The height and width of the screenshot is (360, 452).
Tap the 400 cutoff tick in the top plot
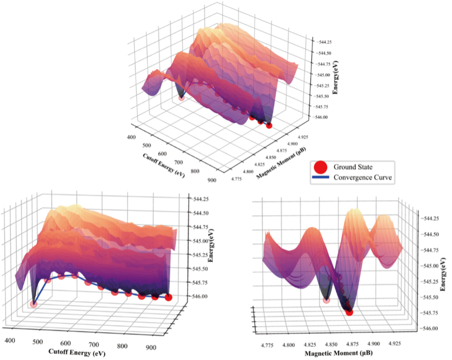coord(131,138)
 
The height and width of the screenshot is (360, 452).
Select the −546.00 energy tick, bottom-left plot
coord(200,296)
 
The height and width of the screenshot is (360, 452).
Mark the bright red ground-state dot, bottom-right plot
coord(349,311)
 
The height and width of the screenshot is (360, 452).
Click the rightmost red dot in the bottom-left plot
coord(168,298)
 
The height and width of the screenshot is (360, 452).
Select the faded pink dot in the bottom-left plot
coord(34,304)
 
